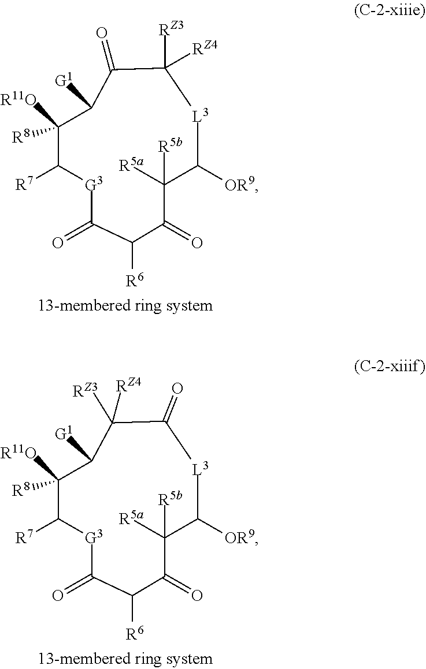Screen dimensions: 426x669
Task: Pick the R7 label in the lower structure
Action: tap(24, 537)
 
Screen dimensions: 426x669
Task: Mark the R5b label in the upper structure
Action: tap(170, 146)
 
